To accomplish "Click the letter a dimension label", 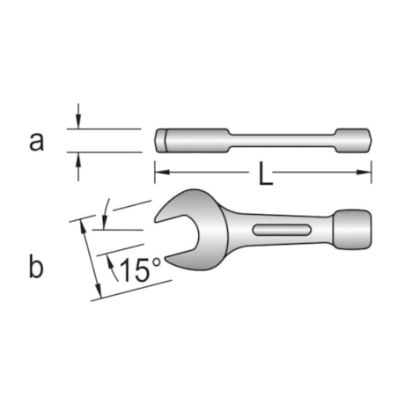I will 36,141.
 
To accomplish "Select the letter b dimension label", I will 35,267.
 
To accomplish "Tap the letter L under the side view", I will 264,176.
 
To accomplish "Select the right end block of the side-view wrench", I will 352,140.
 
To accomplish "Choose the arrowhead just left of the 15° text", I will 111,263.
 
